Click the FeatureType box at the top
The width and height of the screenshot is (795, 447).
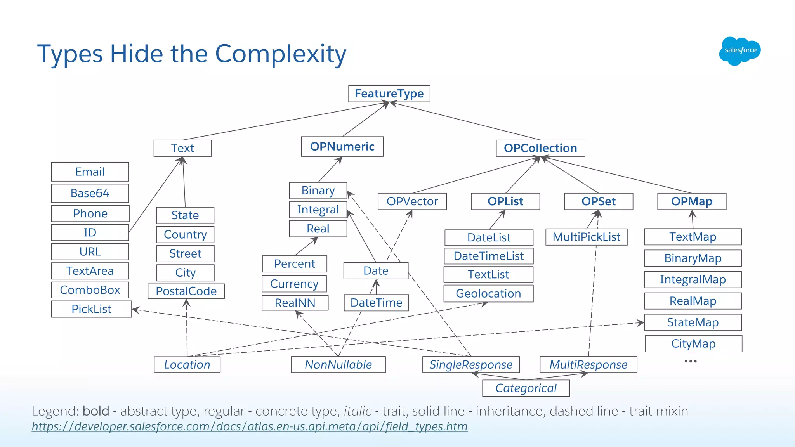389,94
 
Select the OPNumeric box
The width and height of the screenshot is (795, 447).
342,146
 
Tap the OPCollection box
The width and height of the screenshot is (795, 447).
540,148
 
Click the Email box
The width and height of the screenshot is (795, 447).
90,172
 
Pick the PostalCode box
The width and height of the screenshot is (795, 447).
186,291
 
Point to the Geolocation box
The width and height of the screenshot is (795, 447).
488,293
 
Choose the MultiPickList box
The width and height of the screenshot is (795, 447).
587,237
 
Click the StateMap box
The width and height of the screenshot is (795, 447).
693,322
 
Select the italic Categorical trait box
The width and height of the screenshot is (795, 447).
526,388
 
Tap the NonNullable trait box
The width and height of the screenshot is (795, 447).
338,365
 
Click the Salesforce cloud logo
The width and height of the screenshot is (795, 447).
740,51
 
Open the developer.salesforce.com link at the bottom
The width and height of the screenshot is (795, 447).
250,426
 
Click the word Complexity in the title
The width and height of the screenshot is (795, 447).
281,54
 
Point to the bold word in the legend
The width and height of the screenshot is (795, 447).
96,411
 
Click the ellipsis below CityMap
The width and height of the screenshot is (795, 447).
691,361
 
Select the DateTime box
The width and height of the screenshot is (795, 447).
376,303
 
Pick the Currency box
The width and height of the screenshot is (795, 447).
294,284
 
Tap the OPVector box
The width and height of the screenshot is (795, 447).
412,201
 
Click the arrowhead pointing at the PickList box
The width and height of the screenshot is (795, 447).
136,310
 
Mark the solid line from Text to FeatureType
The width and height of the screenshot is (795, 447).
286,121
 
